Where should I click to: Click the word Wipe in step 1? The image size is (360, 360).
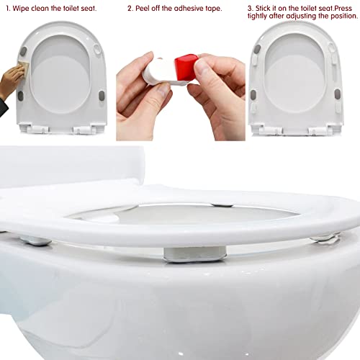pos(21,9)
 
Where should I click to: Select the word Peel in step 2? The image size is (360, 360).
pos(143,9)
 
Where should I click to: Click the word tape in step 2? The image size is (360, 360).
pos(212,9)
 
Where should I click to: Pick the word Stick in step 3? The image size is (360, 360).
pos(263,9)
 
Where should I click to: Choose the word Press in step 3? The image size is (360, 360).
pos(343,9)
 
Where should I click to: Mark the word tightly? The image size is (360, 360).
pos(257,17)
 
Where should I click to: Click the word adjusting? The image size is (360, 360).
pos(301,17)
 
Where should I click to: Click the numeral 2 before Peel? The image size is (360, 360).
pos(130,9)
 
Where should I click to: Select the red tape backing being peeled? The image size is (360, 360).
pos(186,66)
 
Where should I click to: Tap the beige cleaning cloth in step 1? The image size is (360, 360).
pos(23,66)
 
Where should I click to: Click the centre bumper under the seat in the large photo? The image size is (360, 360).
pos(195,254)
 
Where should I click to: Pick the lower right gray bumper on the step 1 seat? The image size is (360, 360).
pos(102,96)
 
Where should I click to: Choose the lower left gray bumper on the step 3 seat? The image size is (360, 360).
pos(253,94)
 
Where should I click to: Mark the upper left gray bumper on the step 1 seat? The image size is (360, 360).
pos(23,51)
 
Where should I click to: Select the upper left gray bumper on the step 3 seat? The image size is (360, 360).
pos(257,49)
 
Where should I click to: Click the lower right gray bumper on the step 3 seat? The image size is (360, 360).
pos(338,94)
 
